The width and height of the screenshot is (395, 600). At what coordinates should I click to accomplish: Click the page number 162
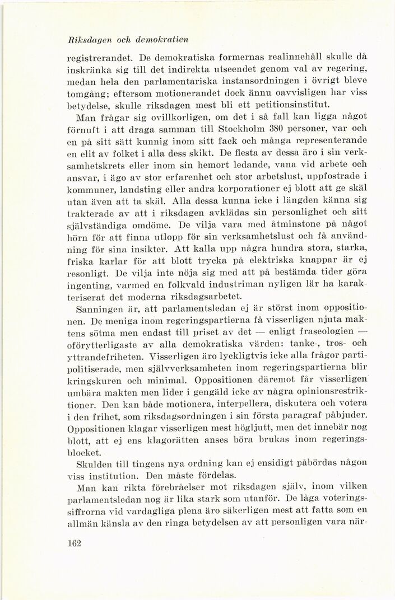tap(74, 543)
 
